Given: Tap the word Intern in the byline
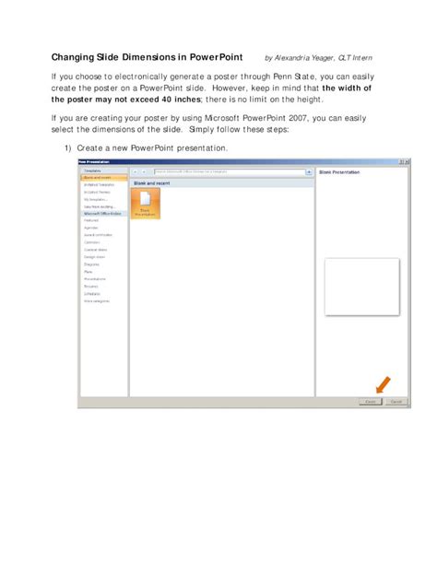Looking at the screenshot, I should click(x=361, y=58).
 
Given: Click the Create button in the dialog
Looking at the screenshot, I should click(x=370, y=402).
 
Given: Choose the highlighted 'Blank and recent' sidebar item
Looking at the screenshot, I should click(x=95, y=178).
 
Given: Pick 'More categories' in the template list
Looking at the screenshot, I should click(x=97, y=300).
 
